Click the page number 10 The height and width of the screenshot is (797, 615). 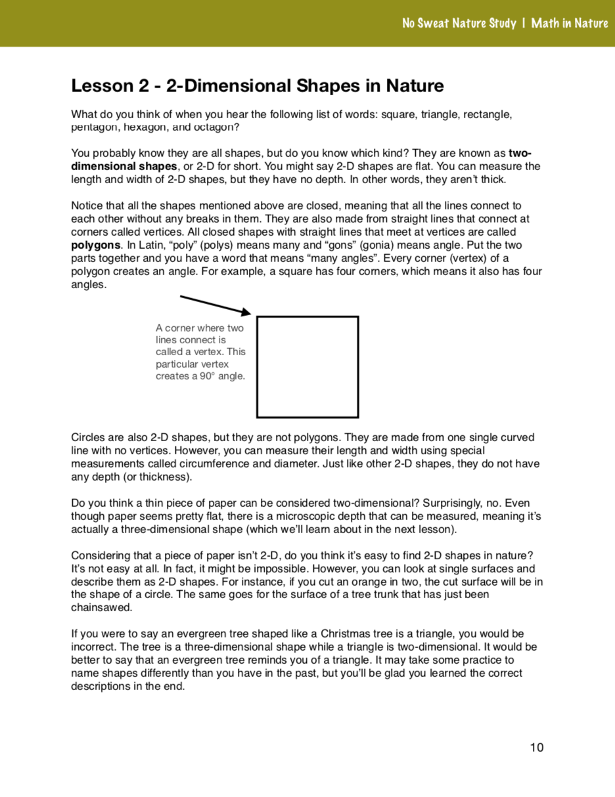click(x=537, y=747)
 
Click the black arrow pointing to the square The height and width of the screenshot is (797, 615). click(x=216, y=305)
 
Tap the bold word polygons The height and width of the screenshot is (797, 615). click(x=96, y=245)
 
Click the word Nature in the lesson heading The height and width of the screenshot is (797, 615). click(x=415, y=86)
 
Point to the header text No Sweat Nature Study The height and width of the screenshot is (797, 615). click(x=459, y=24)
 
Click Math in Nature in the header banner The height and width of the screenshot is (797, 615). click(x=570, y=24)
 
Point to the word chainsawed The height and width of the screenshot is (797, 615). click(x=102, y=607)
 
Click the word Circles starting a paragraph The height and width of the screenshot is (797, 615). click(x=87, y=437)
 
